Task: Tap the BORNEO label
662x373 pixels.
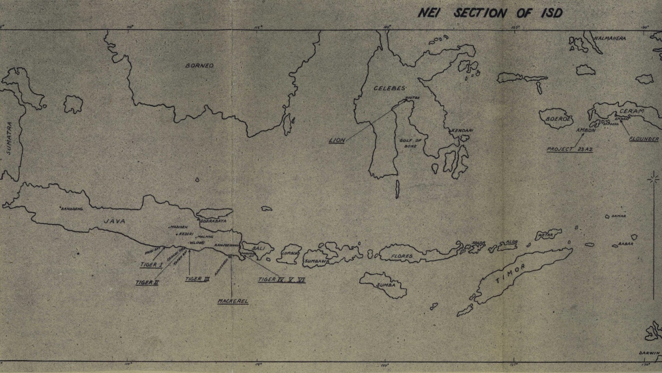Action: (199, 66)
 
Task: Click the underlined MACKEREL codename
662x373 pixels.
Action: (233, 301)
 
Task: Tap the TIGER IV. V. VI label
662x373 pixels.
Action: (282, 280)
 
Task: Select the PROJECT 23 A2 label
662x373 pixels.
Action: (569, 149)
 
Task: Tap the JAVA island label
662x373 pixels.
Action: (114, 221)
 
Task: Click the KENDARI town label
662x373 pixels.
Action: (462, 131)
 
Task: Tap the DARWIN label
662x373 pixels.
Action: (651, 360)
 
